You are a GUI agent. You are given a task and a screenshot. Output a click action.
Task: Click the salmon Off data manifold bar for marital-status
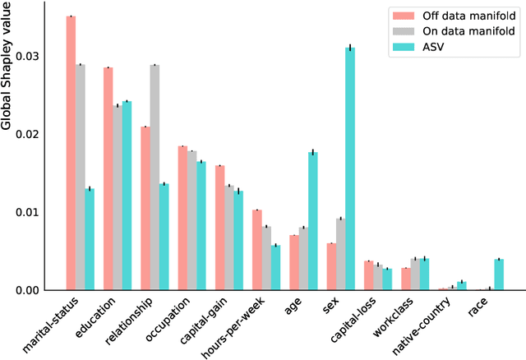pyautogui.click(x=72, y=153)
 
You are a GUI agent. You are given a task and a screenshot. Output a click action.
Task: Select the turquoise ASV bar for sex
pyautogui.click(x=350, y=168)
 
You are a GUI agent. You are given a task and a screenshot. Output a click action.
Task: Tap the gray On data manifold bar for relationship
pyautogui.click(x=155, y=178)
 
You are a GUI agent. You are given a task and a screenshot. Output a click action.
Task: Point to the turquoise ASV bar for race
pyautogui.click(x=498, y=275)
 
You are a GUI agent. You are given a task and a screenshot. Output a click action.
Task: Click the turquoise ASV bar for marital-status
pyautogui.click(x=90, y=239)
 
